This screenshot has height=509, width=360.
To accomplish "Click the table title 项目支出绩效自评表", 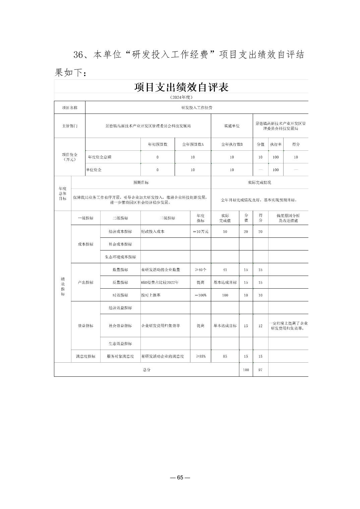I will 181,87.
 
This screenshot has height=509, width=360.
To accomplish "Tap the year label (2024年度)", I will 181,97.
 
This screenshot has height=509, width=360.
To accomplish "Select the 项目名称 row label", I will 70,107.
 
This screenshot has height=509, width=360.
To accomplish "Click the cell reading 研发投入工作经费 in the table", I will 197,107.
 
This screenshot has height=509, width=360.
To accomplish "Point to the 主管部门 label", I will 70,126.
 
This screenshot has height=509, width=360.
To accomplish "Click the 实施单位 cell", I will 232,126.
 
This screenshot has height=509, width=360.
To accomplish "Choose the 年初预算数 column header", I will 158,144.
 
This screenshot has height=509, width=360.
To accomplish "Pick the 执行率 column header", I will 276,144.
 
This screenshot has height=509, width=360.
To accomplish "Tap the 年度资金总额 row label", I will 100,157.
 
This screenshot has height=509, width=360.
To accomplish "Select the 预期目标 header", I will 141,183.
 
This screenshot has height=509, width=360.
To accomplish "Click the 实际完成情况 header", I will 259,183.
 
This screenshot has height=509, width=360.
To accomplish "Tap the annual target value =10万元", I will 200,231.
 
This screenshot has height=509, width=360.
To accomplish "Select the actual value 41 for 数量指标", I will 225,270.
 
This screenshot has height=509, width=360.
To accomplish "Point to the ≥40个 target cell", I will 200,270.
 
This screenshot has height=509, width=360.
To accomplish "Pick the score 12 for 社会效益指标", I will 260,325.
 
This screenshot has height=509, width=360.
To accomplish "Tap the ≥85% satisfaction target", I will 200,356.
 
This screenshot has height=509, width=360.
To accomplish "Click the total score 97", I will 260,370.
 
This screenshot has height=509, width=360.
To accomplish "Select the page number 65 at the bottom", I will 180,478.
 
